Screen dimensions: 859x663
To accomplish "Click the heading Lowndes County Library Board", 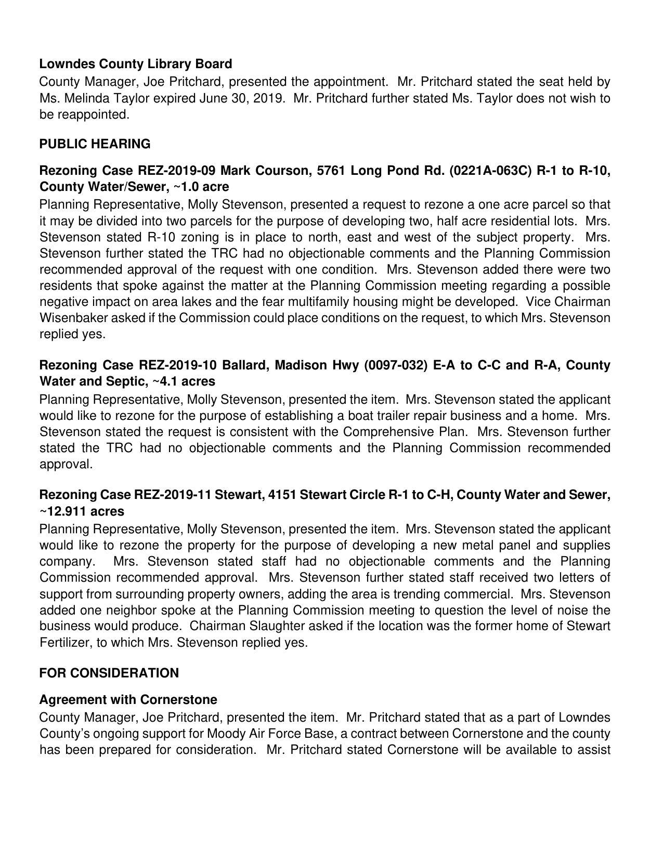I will (x=136, y=64).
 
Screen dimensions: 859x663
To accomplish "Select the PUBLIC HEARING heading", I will (x=95, y=144).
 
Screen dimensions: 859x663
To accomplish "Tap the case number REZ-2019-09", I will (x=176, y=171).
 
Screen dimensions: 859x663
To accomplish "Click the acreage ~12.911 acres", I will (x=82, y=511).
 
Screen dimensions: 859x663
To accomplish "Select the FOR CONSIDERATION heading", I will (x=109, y=673).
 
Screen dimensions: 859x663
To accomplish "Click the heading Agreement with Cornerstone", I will (x=128, y=699).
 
